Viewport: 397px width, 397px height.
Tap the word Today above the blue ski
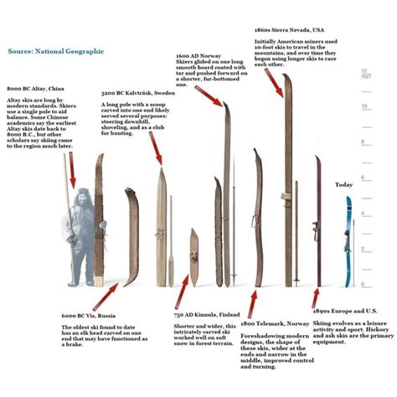pyautogui.click(x=344, y=184)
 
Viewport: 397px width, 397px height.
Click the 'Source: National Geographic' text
pyautogui.click(x=56, y=51)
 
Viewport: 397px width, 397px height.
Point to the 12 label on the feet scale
pyautogui.click(x=363, y=70)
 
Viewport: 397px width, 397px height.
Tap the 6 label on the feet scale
pyautogui.click(x=363, y=178)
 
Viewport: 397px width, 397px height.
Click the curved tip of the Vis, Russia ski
pyautogui.click(x=131, y=194)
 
